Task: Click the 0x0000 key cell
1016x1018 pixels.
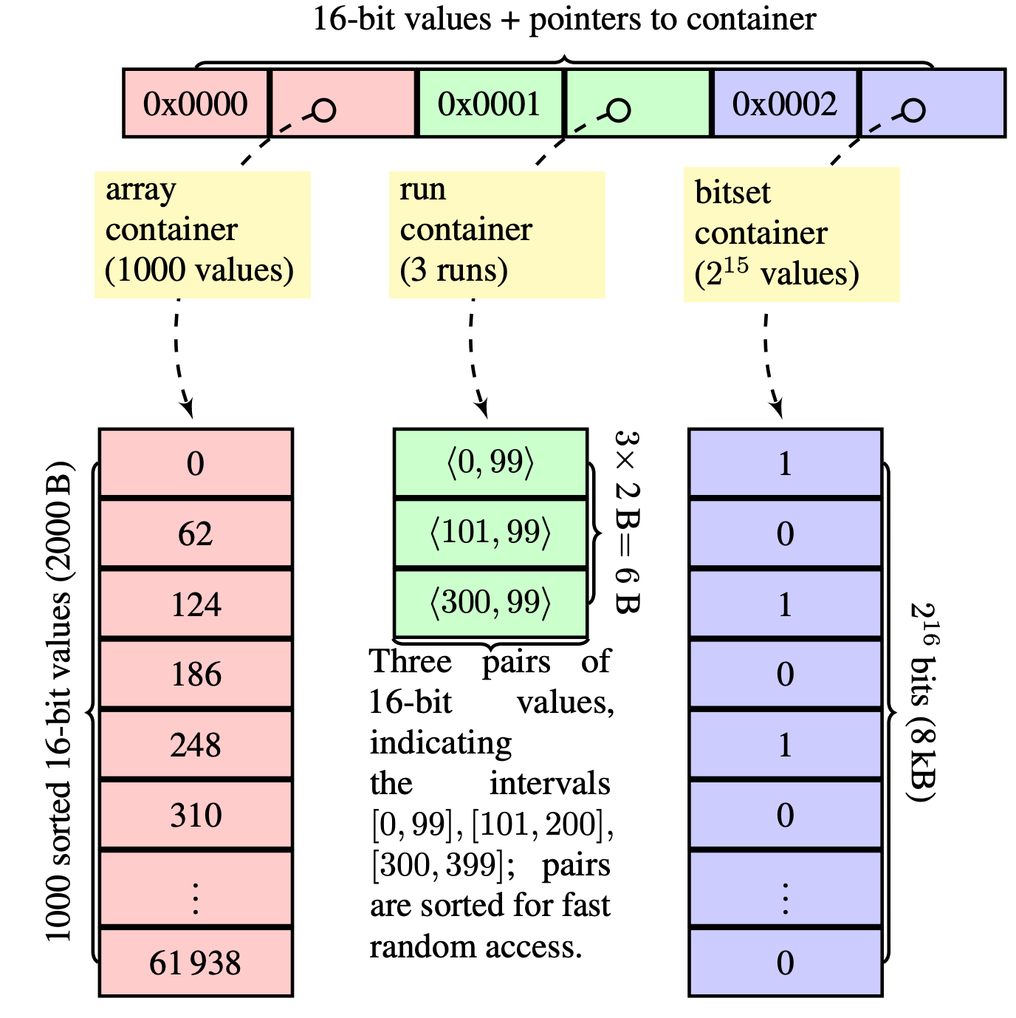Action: click(196, 103)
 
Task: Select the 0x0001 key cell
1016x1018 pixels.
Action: click(490, 103)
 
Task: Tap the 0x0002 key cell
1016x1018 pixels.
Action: click(785, 103)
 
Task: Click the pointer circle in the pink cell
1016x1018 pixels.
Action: click(323, 110)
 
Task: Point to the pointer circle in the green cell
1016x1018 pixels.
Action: click(618, 110)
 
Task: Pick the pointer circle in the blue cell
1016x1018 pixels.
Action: click(913, 110)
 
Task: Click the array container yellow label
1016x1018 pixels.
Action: click(202, 234)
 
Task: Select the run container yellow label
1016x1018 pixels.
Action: click(497, 234)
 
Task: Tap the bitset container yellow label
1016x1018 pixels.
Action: click(792, 234)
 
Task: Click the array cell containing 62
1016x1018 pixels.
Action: click(196, 533)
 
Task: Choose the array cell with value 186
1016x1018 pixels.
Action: click(196, 674)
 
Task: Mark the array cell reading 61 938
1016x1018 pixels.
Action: click(196, 963)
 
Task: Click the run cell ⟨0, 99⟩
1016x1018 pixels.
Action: click(490, 462)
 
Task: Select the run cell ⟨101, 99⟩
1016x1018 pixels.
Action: click(490, 533)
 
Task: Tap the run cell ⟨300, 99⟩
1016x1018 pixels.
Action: click(490, 603)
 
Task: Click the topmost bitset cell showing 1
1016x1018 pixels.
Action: click(785, 463)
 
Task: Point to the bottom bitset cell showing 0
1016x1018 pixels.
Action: click(785, 963)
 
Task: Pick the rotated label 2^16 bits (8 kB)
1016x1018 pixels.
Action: click(924, 702)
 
